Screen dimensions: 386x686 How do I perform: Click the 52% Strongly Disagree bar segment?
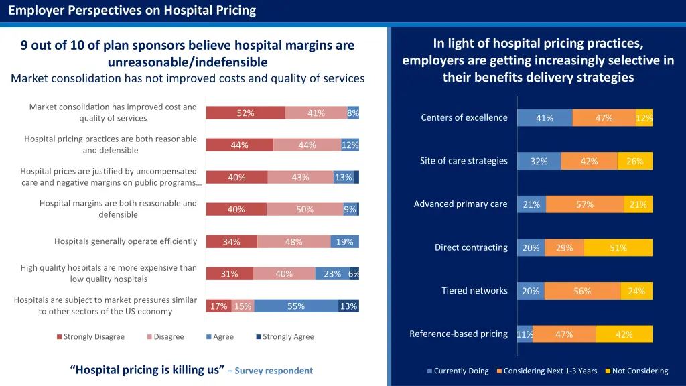click(245, 113)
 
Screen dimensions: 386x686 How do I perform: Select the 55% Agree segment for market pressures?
click(296, 306)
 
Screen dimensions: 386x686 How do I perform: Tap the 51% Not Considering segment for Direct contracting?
click(618, 248)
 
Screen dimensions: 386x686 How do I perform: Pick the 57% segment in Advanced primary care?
click(585, 205)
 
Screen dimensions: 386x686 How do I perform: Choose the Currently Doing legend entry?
click(458, 371)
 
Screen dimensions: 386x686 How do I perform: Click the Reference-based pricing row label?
click(458, 334)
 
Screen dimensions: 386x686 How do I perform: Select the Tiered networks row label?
click(474, 290)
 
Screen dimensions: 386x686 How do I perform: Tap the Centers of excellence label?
click(464, 117)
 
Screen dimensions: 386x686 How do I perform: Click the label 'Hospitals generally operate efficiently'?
click(125, 241)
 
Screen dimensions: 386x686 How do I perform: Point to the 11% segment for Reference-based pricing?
click(525, 334)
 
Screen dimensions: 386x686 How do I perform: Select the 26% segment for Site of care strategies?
click(634, 162)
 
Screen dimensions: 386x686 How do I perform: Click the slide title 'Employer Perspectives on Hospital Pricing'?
click(132, 10)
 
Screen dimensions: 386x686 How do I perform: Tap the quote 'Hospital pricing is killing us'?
click(147, 370)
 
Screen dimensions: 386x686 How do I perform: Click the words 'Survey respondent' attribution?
click(273, 371)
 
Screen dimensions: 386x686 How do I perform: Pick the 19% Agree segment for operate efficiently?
click(344, 242)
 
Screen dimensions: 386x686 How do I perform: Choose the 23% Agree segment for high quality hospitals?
click(332, 274)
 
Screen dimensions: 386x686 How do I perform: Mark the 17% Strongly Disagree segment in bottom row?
click(218, 306)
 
